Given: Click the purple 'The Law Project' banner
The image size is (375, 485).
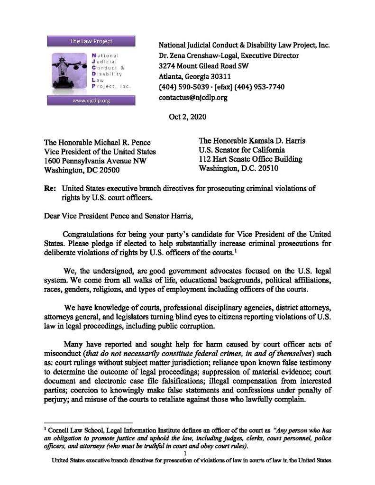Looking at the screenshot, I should (91, 41).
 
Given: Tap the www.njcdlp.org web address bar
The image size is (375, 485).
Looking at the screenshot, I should (91, 100).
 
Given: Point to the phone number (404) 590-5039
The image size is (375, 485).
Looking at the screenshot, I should (183, 87).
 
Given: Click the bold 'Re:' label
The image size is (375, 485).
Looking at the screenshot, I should (50, 188).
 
